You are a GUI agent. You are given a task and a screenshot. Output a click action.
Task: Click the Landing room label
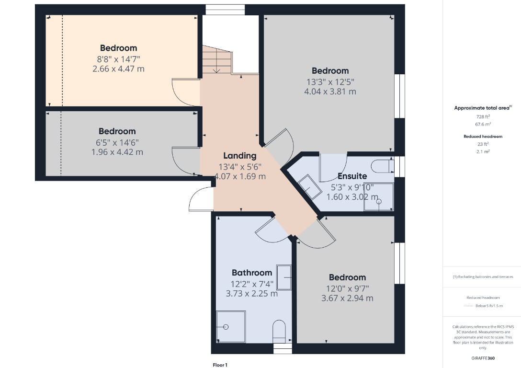[x=239, y=156]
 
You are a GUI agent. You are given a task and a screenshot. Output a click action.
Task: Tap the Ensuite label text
[x=352, y=176]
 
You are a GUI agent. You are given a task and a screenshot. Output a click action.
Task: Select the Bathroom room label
[x=252, y=273]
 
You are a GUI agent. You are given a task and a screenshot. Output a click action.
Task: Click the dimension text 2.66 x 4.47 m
[x=118, y=69]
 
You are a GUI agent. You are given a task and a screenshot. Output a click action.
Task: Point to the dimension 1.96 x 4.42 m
[x=117, y=152]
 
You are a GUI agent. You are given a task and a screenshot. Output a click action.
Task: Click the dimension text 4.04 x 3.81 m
[x=330, y=92]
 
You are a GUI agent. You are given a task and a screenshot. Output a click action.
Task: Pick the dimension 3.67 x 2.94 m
[x=347, y=298]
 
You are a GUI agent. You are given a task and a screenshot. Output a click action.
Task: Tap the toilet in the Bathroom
[x=279, y=332]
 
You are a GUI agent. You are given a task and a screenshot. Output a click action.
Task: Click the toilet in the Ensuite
[x=383, y=166]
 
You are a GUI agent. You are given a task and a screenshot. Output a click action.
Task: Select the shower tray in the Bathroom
[x=231, y=327]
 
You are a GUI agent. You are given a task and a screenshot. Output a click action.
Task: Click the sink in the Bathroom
[x=284, y=277]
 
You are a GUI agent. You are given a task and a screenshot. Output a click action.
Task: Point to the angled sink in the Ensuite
[x=310, y=187]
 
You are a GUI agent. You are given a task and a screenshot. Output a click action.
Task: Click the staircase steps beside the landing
[x=217, y=59]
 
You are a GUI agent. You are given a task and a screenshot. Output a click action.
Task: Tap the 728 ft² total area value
[x=483, y=117]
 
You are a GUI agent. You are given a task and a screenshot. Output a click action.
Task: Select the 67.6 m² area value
[x=483, y=124]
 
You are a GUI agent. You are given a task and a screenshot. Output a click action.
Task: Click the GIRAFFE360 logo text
[x=483, y=358]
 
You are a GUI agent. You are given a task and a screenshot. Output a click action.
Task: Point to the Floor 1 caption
[x=220, y=365]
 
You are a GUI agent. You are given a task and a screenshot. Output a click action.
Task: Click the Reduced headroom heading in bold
[x=483, y=136]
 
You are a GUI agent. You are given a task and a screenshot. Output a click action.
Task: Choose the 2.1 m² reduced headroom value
[x=483, y=151]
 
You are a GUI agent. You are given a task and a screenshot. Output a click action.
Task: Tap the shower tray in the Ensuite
[x=379, y=196]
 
